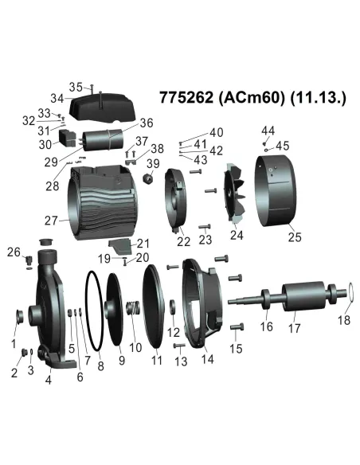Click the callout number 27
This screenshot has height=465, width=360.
tap(52, 221)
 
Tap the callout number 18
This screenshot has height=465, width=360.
tap(345, 322)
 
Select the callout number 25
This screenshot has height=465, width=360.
tap(295, 236)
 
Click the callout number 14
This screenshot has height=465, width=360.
tap(208, 358)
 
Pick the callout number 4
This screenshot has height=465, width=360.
tap(49, 379)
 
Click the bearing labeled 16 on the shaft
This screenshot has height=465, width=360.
tap(265, 303)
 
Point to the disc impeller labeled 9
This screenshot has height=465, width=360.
tap(119, 311)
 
